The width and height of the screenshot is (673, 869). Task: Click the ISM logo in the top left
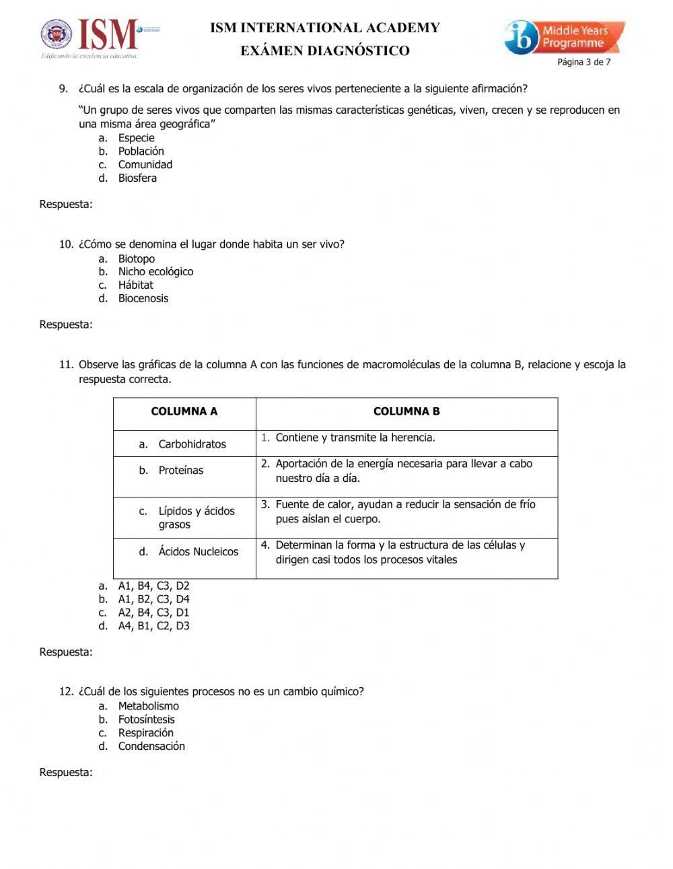tap(100, 37)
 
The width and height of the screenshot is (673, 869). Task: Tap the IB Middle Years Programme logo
tap(564, 37)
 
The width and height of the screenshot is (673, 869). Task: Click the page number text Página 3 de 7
tap(583, 62)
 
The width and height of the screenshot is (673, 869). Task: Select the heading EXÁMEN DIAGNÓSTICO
tap(325, 50)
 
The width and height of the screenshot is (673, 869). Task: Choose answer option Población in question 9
tap(141, 151)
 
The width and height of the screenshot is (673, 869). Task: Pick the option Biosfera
tap(137, 178)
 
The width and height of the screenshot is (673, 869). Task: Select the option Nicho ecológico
tap(155, 272)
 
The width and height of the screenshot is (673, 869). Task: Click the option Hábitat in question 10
tap(135, 285)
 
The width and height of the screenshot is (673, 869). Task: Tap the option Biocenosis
tap(143, 299)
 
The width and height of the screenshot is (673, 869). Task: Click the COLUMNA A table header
tap(184, 411)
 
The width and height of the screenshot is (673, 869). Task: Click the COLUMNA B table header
tap(406, 411)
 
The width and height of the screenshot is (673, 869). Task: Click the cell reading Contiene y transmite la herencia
tap(355, 438)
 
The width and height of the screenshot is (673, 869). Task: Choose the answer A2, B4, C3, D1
tap(153, 613)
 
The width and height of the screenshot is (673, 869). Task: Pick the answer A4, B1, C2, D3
tap(153, 626)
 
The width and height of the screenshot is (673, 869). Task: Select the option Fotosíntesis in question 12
tap(146, 720)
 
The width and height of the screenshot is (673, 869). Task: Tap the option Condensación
tap(151, 746)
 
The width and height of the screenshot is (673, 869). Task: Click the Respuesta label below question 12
tap(66, 773)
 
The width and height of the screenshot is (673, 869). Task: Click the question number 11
tap(66, 365)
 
